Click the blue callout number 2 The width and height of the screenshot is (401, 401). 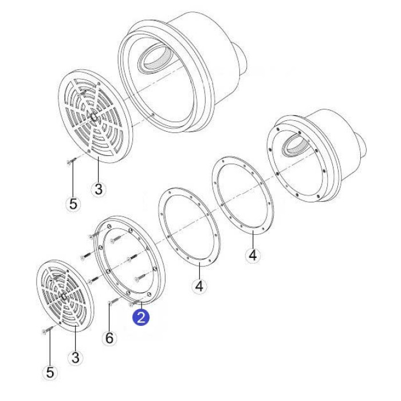[x=141, y=317]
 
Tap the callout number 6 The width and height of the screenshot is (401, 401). [x=109, y=338]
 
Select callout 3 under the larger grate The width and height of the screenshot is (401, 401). [x=99, y=189]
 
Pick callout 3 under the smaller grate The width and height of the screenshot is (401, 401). [x=76, y=357]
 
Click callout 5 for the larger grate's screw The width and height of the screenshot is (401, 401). [x=73, y=204]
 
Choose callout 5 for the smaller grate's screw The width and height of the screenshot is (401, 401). [x=50, y=372]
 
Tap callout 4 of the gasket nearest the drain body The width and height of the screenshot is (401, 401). [x=253, y=255]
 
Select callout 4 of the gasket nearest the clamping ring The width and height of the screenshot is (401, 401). [x=199, y=286]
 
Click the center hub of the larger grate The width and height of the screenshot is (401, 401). [x=93, y=117]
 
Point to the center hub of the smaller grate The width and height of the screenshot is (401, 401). [x=63, y=296]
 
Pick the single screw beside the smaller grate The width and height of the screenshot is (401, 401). [x=48, y=329]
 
